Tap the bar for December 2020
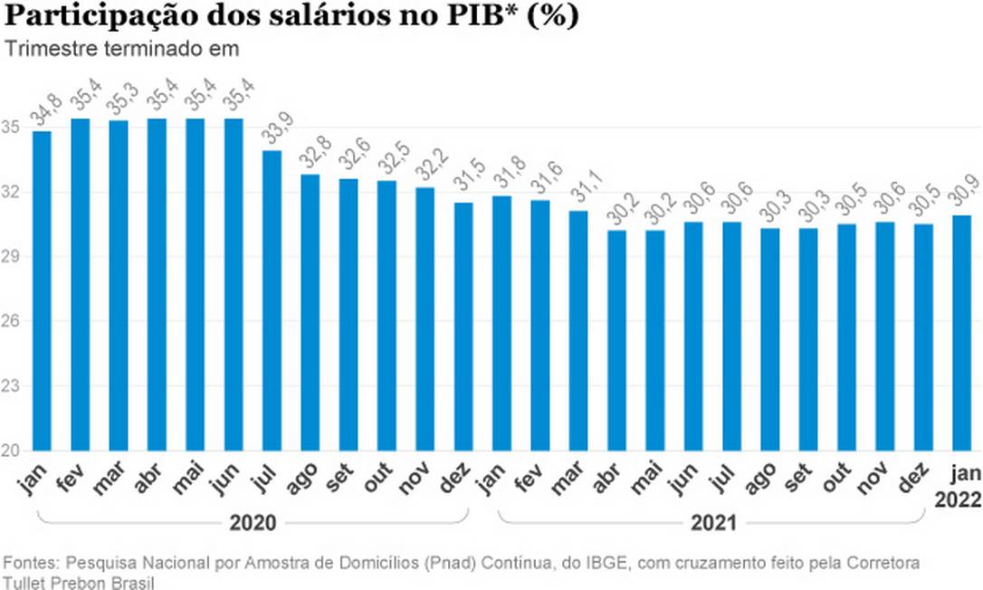(x=463, y=326)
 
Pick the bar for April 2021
(x=616, y=340)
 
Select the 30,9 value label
(x=962, y=192)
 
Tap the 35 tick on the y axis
(x=12, y=127)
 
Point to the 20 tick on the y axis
(x=12, y=451)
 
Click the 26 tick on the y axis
(x=12, y=321)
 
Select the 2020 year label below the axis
(x=253, y=523)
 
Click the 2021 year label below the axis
(x=712, y=523)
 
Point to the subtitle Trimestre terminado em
(x=122, y=49)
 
